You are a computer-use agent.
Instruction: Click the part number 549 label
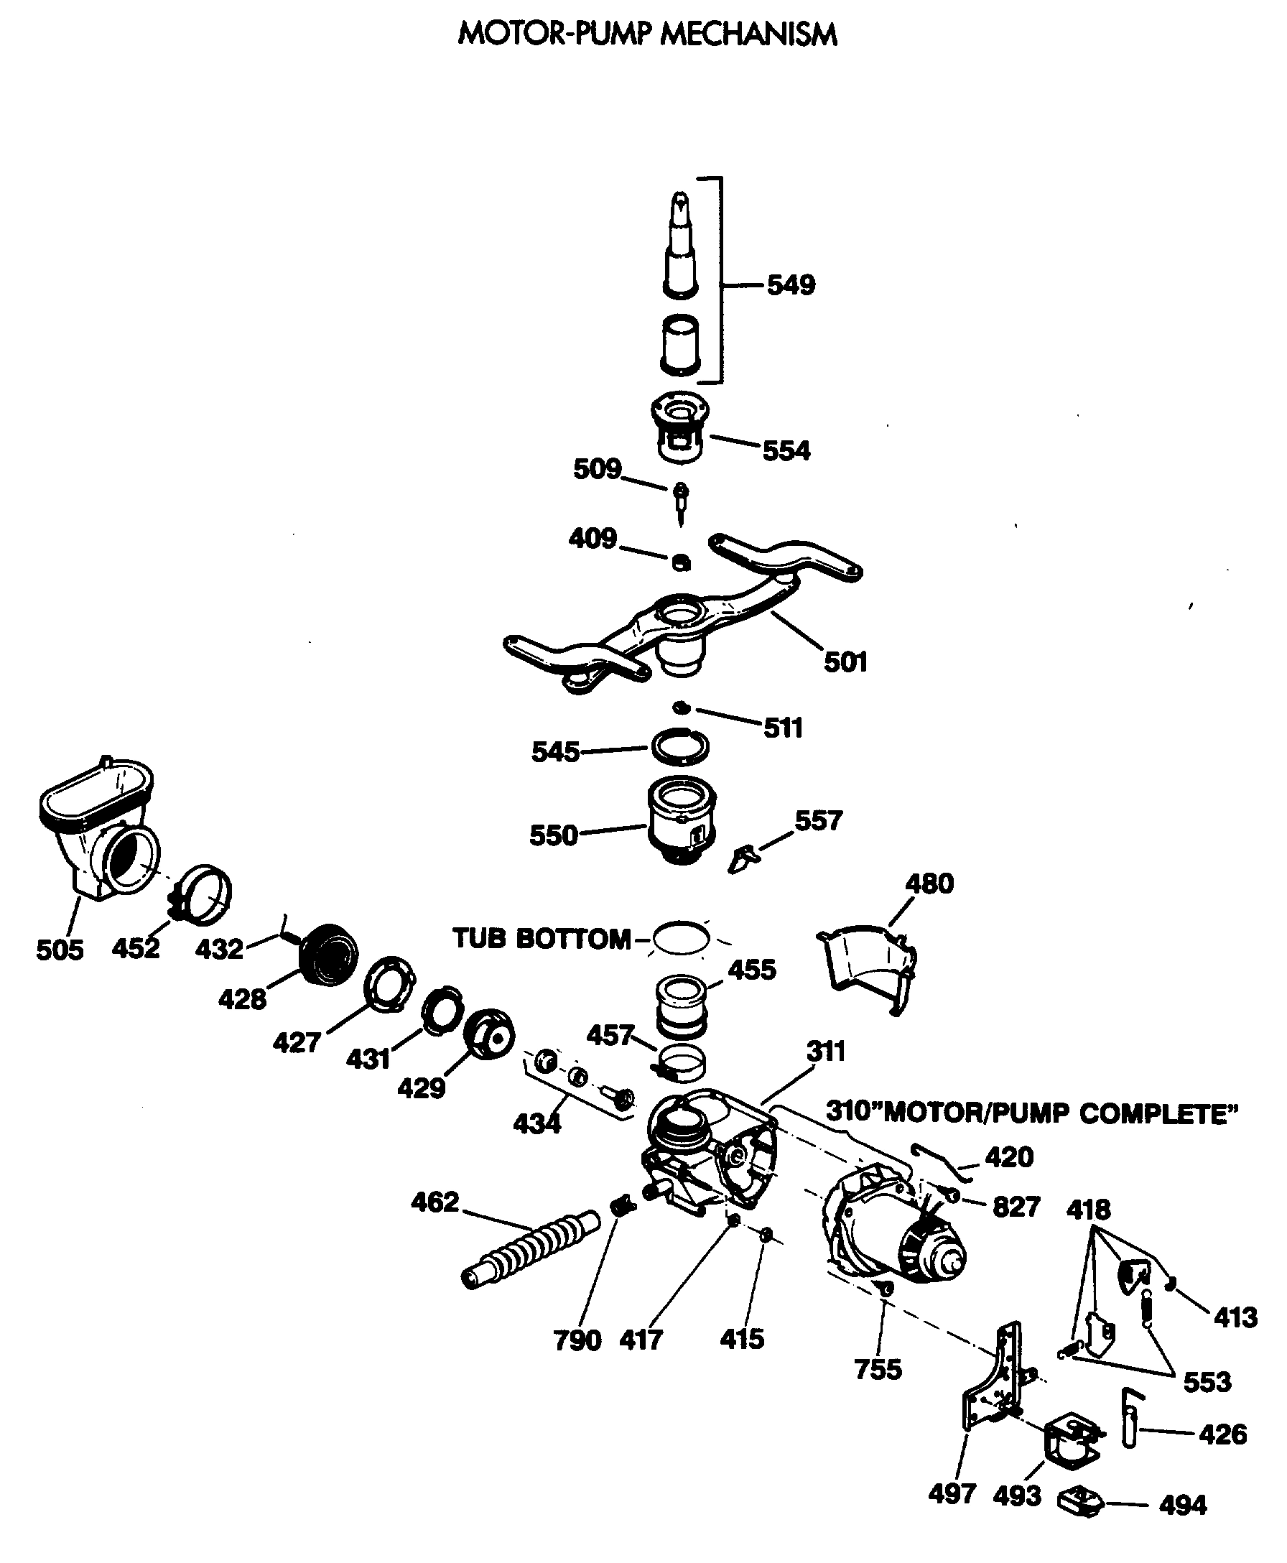click(790, 284)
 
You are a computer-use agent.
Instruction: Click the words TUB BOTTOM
click(542, 939)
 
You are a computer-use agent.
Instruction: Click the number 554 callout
click(786, 450)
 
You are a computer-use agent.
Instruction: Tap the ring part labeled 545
click(680, 746)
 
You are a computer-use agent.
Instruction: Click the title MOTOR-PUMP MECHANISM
click(647, 34)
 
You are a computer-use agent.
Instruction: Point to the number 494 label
click(1182, 1506)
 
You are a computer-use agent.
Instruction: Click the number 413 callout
click(1235, 1317)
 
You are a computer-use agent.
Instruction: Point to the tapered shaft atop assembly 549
click(680, 245)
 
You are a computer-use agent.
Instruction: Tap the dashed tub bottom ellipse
click(682, 939)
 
